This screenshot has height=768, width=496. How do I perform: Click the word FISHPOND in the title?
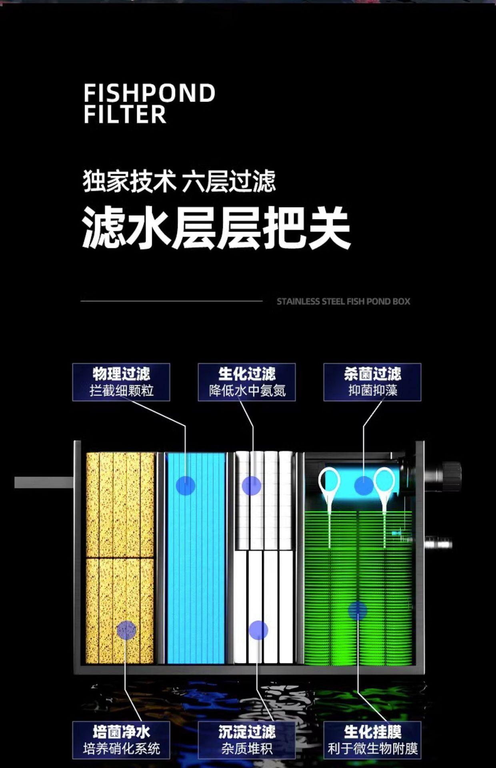pos(149,93)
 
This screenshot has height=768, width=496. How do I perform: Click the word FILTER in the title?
pos(125,114)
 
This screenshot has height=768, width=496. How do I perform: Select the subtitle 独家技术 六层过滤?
pos(179,181)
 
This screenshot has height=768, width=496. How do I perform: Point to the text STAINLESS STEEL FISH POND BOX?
pos(343,301)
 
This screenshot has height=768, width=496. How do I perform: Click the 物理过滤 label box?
pos(121,382)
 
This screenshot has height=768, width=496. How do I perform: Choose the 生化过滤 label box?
pos(247,382)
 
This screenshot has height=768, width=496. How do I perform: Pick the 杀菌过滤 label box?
pos(372,382)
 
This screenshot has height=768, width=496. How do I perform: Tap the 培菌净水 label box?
pos(121,740)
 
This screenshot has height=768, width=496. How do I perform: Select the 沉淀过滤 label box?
pos(247,740)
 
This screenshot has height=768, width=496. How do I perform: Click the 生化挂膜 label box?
pos(372,740)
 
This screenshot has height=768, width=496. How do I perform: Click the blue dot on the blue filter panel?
pos(186,486)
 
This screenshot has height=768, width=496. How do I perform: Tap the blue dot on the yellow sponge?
pos(126,630)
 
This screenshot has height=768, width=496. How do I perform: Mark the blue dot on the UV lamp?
pos(364,486)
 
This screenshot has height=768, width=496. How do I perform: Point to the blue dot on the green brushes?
pos(357,610)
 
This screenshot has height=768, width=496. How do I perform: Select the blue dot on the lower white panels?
pos(258,630)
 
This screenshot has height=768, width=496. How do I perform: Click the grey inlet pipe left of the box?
pos(44,482)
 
